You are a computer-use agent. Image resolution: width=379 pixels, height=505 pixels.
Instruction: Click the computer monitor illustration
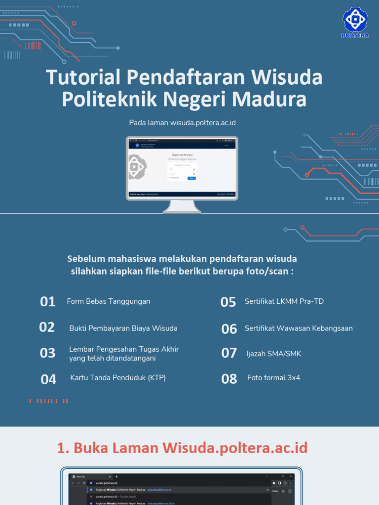(x=182, y=170)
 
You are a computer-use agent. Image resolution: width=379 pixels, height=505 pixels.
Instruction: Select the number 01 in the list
(x=48, y=302)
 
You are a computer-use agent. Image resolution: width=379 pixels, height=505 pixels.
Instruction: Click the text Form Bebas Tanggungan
(x=109, y=301)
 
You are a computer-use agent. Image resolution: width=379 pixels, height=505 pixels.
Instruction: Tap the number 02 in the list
(x=47, y=327)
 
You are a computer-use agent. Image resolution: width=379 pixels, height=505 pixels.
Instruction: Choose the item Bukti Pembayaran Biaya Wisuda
(x=123, y=328)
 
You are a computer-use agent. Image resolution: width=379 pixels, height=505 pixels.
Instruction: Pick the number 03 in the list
(x=48, y=353)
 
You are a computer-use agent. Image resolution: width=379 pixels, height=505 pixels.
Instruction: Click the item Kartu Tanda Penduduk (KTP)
(x=118, y=378)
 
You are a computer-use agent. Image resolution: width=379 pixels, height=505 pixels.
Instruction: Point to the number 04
(x=49, y=379)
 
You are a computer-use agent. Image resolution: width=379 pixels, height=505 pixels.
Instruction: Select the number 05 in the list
(x=228, y=302)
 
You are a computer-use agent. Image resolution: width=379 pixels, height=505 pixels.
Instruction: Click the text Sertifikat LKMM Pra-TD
(x=284, y=301)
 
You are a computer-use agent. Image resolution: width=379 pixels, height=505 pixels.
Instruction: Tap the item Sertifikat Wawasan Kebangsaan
(x=299, y=328)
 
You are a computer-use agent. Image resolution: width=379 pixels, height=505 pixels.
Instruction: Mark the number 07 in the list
(x=229, y=353)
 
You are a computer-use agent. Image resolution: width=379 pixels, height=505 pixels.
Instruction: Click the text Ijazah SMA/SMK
(x=274, y=354)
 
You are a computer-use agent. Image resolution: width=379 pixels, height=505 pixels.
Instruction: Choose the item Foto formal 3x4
(x=273, y=378)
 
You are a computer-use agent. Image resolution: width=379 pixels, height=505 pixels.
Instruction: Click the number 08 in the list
(x=229, y=379)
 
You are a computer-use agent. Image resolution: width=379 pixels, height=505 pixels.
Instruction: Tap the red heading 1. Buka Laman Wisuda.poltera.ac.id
(x=182, y=448)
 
